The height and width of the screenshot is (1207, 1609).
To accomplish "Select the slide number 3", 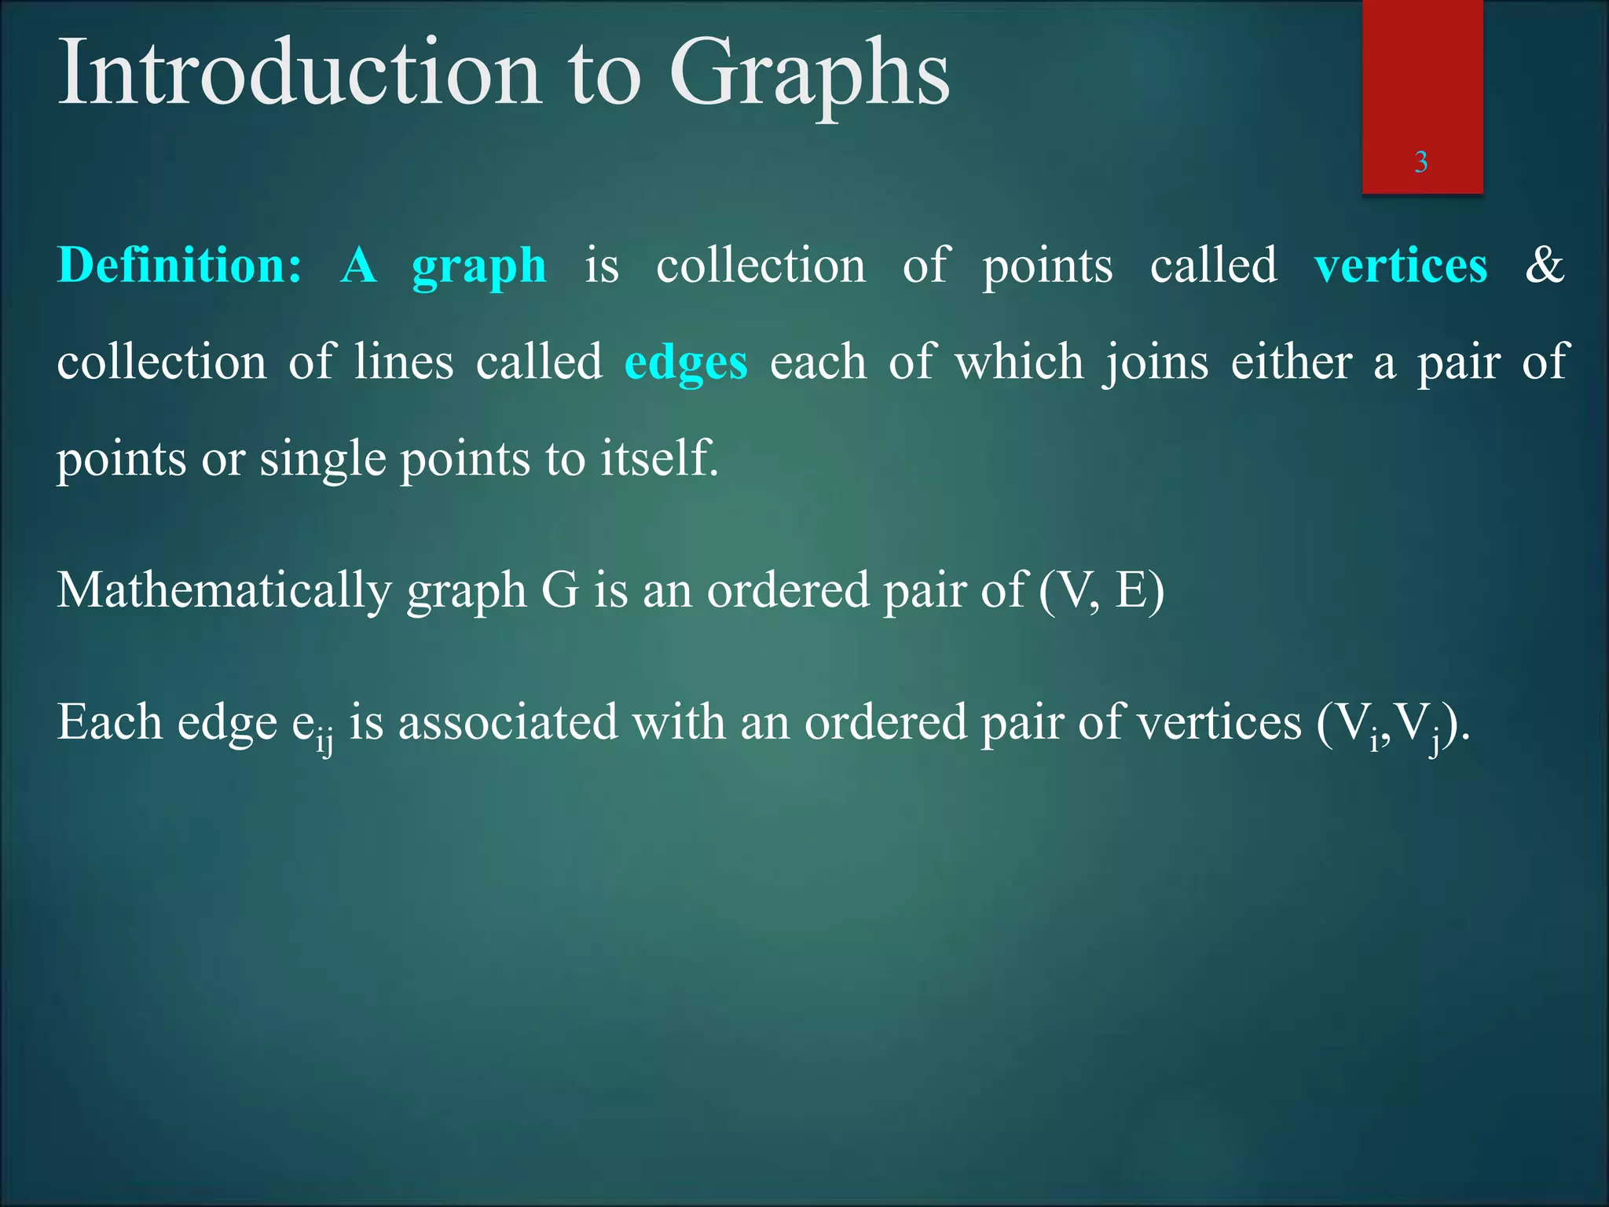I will pyautogui.click(x=1420, y=162).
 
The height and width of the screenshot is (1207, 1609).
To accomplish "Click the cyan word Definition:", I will pyautogui.click(x=180, y=265).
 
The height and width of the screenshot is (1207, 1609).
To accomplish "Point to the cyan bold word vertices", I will pyautogui.click(x=1400, y=265).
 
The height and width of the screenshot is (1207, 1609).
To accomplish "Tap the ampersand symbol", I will pyautogui.click(x=1544, y=265).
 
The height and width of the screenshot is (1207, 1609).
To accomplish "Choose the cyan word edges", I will pyautogui.click(x=686, y=364).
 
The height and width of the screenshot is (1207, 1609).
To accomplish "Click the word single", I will pyautogui.click(x=323, y=460).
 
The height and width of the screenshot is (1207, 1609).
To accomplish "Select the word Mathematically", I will pyautogui.click(x=224, y=591).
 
